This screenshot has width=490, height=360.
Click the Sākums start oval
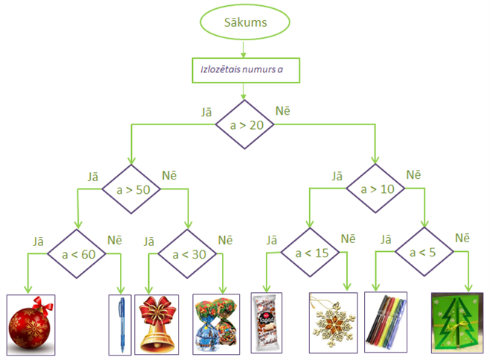coord(245,22)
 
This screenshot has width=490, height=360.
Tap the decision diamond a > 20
coord(244,124)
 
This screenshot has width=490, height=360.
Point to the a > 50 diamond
coord(133,189)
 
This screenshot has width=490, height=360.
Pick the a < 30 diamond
coord(188,255)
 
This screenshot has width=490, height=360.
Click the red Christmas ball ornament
coord(31,323)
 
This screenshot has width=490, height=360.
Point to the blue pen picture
coord(119,323)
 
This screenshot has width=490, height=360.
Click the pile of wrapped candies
coord(217,323)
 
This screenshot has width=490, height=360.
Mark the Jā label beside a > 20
coord(207,112)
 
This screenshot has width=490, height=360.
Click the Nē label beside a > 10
coord(413,174)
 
